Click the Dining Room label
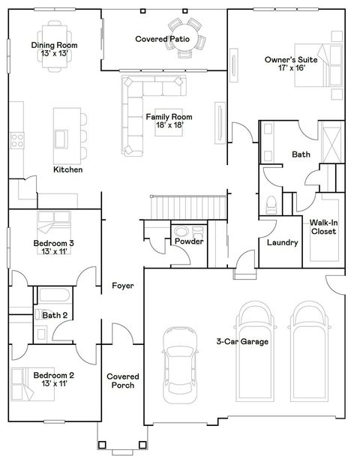(x=54, y=46)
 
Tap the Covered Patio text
(x=162, y=38)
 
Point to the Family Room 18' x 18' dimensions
(x=169, y=125)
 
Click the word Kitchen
(x=67, y=170)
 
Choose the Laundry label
(x=283, y=243)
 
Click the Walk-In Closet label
(x=323, y=226)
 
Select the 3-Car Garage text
(x=243, y=342)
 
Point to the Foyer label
(x=123, y=286)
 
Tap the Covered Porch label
(x=122, y=381)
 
